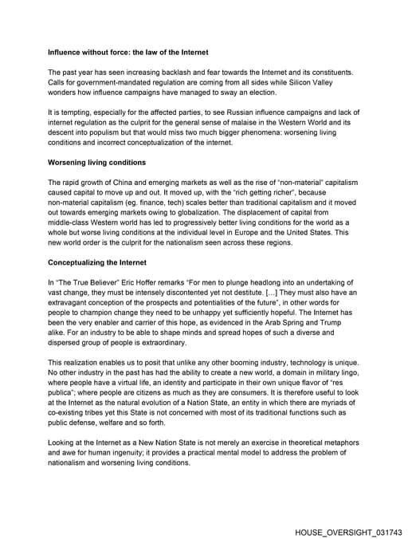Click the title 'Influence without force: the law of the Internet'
point(127,52)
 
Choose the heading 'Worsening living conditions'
point(96,162)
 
